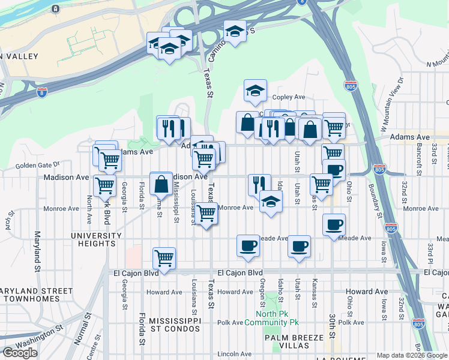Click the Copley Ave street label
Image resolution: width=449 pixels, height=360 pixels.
289,97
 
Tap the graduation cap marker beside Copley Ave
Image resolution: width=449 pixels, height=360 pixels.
255,91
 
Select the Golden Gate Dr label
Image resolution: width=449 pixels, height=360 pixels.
38,164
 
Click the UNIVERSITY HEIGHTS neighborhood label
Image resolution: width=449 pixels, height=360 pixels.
93,239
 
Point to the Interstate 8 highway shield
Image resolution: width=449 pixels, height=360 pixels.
41,92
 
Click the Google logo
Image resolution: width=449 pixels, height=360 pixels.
20,352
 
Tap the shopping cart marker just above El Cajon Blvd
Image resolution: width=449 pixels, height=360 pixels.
164,258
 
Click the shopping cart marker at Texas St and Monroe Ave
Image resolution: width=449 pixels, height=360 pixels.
206,213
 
